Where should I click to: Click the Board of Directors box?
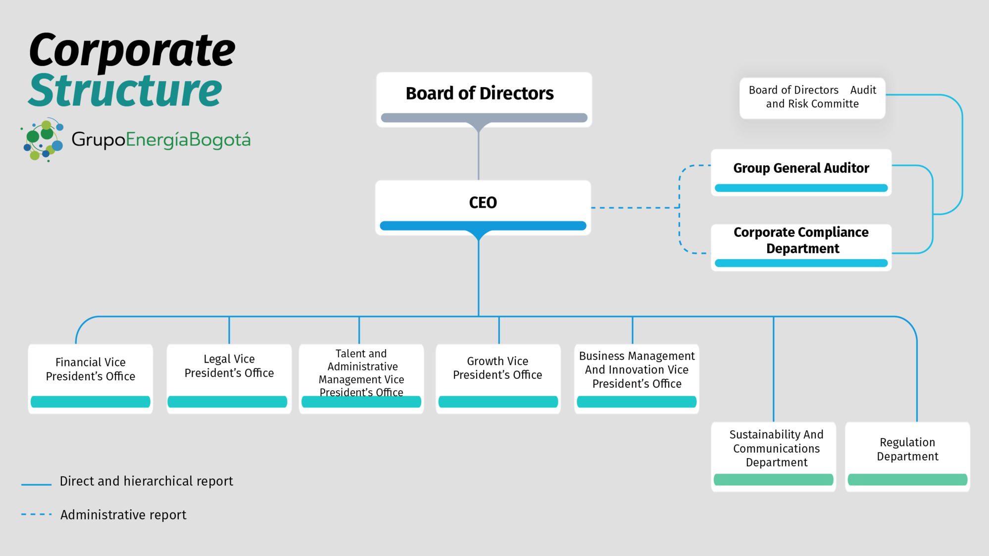click(484, 99)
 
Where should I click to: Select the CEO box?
click(483, 207)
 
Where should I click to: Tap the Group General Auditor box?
click(801, 172)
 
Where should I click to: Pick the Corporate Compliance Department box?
click(801, 246)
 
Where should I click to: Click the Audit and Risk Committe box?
click(812, 97)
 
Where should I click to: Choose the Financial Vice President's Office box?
click(91, 378)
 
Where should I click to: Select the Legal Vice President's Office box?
click(229, 378)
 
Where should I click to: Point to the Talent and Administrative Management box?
click(361, 378)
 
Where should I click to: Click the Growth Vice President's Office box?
click(497, 378)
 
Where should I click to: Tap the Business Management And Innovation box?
click(637, 378)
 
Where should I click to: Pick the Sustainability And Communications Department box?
click(773, 455)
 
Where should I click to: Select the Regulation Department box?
click(907, 455)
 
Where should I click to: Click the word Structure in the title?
click(125, 91)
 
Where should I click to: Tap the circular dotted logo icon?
click(44, 139)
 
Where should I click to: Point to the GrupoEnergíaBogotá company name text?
click(161, 140)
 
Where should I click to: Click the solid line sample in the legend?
click(36, 484)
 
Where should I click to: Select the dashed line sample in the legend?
click(36, 514)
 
